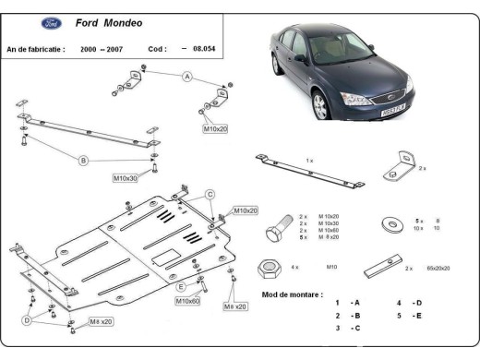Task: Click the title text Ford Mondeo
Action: (109, 22)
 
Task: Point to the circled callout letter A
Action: (186, 77)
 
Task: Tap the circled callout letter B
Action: (83, 161)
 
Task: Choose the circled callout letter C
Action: (210, 194)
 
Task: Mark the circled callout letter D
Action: (28, 320)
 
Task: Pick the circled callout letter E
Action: (181, 287)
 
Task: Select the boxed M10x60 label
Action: (188, 301)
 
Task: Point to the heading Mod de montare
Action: (292, 294)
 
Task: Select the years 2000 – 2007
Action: (102, 49)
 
